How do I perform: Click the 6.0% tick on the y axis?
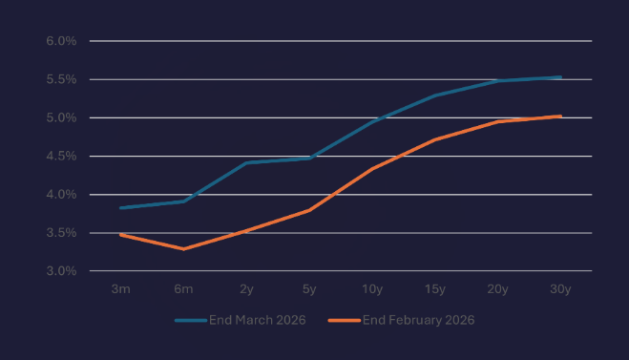tap(60, 41)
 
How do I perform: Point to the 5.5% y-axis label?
tap(60, 79)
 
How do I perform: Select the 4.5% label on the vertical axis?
tap(60, 156)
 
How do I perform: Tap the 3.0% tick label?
tap(60, 271)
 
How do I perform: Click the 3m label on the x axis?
tap(120, 288)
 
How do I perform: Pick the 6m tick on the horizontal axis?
tap(183, 288)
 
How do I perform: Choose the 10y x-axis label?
tap(372, 288)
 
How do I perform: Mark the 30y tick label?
tap(560, 288)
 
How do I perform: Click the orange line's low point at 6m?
tap(183, 249)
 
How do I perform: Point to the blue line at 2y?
tap(246, 162)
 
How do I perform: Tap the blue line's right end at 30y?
tap(560, 77)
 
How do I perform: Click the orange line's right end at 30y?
tap(560, 116)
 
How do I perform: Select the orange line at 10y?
tap(372, 168)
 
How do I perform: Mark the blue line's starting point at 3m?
tap(120, 207)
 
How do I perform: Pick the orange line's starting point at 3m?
tap(120, 234)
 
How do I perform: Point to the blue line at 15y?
tap(435, 95)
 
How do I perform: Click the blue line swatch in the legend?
tap(191, 320)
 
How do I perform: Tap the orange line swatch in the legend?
tap(344, 320)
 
